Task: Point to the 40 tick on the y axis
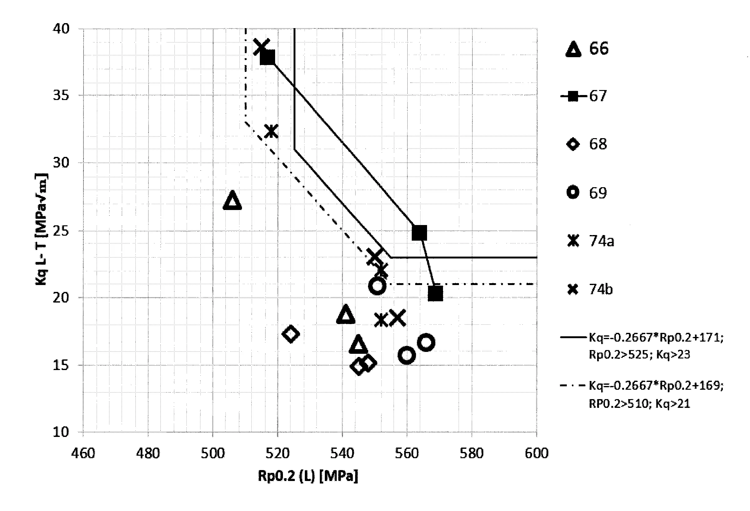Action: coord(61,29)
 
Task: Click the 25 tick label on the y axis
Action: coord(61,231)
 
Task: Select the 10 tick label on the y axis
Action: coord(61,432)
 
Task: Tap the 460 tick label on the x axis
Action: coord(83,453)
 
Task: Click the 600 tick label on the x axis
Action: coord(536,453)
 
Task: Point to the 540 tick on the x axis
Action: coord(342,453)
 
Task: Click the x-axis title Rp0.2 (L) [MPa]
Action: coord(308,476)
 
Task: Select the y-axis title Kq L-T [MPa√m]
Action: coord(41,229)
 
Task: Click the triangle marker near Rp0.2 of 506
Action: coord(232,201)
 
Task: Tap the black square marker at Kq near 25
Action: coord(419,233)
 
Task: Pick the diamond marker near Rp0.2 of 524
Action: coord(290,334)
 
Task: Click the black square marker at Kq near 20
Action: coord(435,293)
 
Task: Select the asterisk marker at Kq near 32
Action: coord(271,131)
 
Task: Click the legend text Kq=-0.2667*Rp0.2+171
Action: coord(656,338)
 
